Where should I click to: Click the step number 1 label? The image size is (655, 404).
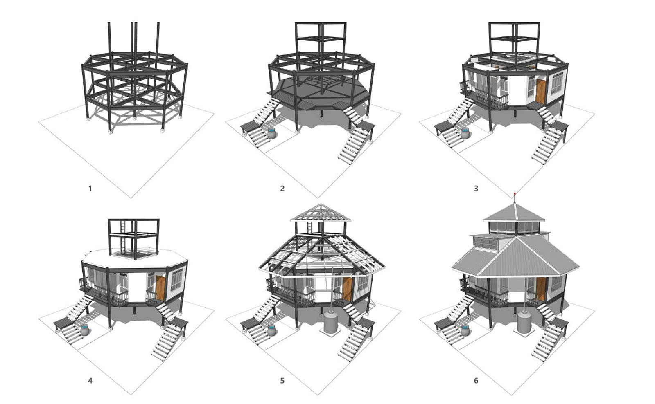(x=90, y=189)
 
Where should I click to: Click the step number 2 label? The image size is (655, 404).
(x=282, y=189)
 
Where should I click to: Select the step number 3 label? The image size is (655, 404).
(x=476, y=189)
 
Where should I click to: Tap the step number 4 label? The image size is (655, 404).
(x=90, y=381)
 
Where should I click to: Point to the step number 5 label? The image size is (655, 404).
(x=282, y=381)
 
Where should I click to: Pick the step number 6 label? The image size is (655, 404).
(x=476, y=381)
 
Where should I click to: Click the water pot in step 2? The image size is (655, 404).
(x=272, y=133)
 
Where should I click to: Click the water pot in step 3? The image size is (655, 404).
(x=465, y=133)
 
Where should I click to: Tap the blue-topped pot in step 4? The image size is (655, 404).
(x=85, y=330)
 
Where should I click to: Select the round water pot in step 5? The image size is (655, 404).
(x=272, y=330)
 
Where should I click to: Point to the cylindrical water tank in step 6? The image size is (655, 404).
(x=524, y=321)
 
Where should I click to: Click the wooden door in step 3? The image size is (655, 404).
(x=541, y=91)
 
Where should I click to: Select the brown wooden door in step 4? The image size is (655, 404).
(x=160, y=288)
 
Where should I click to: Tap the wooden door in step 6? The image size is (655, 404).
(x=541, y=289)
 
